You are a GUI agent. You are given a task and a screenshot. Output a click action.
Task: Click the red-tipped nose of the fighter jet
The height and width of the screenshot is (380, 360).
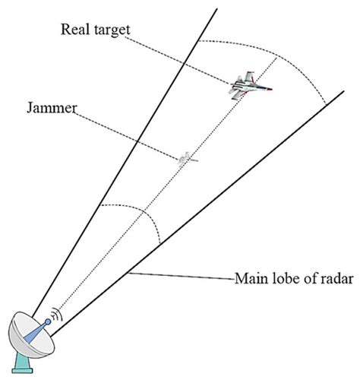pyautogui.click(x=270, y=90)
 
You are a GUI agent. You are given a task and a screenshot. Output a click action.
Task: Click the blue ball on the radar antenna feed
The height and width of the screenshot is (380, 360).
pyautogui.click(x=47, y=323)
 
